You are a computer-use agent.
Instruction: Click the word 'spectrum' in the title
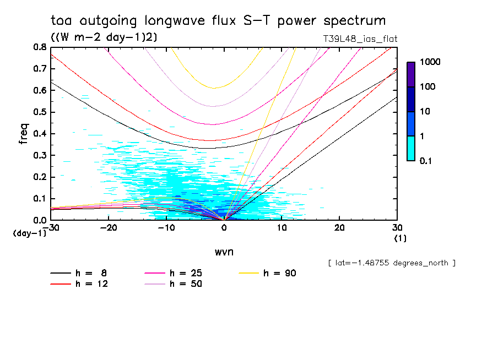coord(353,21)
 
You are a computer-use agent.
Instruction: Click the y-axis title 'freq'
coord(24,134)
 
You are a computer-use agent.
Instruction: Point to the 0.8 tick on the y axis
coord(40,47)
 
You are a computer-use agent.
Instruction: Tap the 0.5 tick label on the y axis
coord(40,112)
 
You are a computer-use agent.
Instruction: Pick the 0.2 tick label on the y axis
coord(40,177)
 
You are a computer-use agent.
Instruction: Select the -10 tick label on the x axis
coord(166,227)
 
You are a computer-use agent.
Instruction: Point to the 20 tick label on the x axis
coord(339,227)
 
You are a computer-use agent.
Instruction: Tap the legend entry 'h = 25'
coord(186,273)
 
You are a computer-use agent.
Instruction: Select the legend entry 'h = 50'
coord(186,284)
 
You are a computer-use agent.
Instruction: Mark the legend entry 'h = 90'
coord(280,273)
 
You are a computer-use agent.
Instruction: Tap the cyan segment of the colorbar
coord(411,148)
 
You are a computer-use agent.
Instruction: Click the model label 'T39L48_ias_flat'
coord(360,39)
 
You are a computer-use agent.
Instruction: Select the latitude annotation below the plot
coord(391,263)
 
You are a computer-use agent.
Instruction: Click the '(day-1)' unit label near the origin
coord(30,234)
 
